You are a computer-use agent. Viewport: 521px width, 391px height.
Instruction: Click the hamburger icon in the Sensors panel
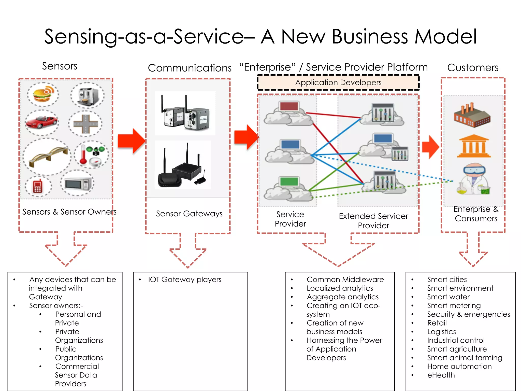tap(43, 94)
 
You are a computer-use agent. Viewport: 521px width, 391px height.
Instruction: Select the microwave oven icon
tap(77, 183)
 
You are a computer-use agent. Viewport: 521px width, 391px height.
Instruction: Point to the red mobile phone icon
tap(38, 186)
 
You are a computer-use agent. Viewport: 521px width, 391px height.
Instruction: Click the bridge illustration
tap(48, 156)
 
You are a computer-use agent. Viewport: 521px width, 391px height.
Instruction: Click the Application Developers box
tap(338, 82)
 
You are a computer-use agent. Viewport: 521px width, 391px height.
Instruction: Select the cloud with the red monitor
tap(288, 114)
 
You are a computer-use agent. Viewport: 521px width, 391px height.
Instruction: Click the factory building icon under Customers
tap(472, 115)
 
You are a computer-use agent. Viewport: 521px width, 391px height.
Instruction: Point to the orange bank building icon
tap(474, 146)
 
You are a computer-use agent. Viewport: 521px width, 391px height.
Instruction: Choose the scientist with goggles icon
tap(474, 179)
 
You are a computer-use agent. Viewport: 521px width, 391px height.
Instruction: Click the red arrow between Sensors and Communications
tap(131, 141)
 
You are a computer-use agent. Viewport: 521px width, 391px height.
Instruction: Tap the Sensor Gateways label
tap(189, 214)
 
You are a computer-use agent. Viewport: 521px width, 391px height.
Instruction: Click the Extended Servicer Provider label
tap(373, 221)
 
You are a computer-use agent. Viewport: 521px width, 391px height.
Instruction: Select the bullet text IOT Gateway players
tap(185, 280)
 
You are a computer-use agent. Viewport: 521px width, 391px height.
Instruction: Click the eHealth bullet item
tap(441, 375)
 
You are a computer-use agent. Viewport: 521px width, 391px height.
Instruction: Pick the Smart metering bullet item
tap(454, 305)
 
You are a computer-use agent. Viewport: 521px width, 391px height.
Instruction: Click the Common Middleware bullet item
tap(345, 280)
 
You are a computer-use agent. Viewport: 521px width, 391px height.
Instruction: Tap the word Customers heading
tap(473, 68)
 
